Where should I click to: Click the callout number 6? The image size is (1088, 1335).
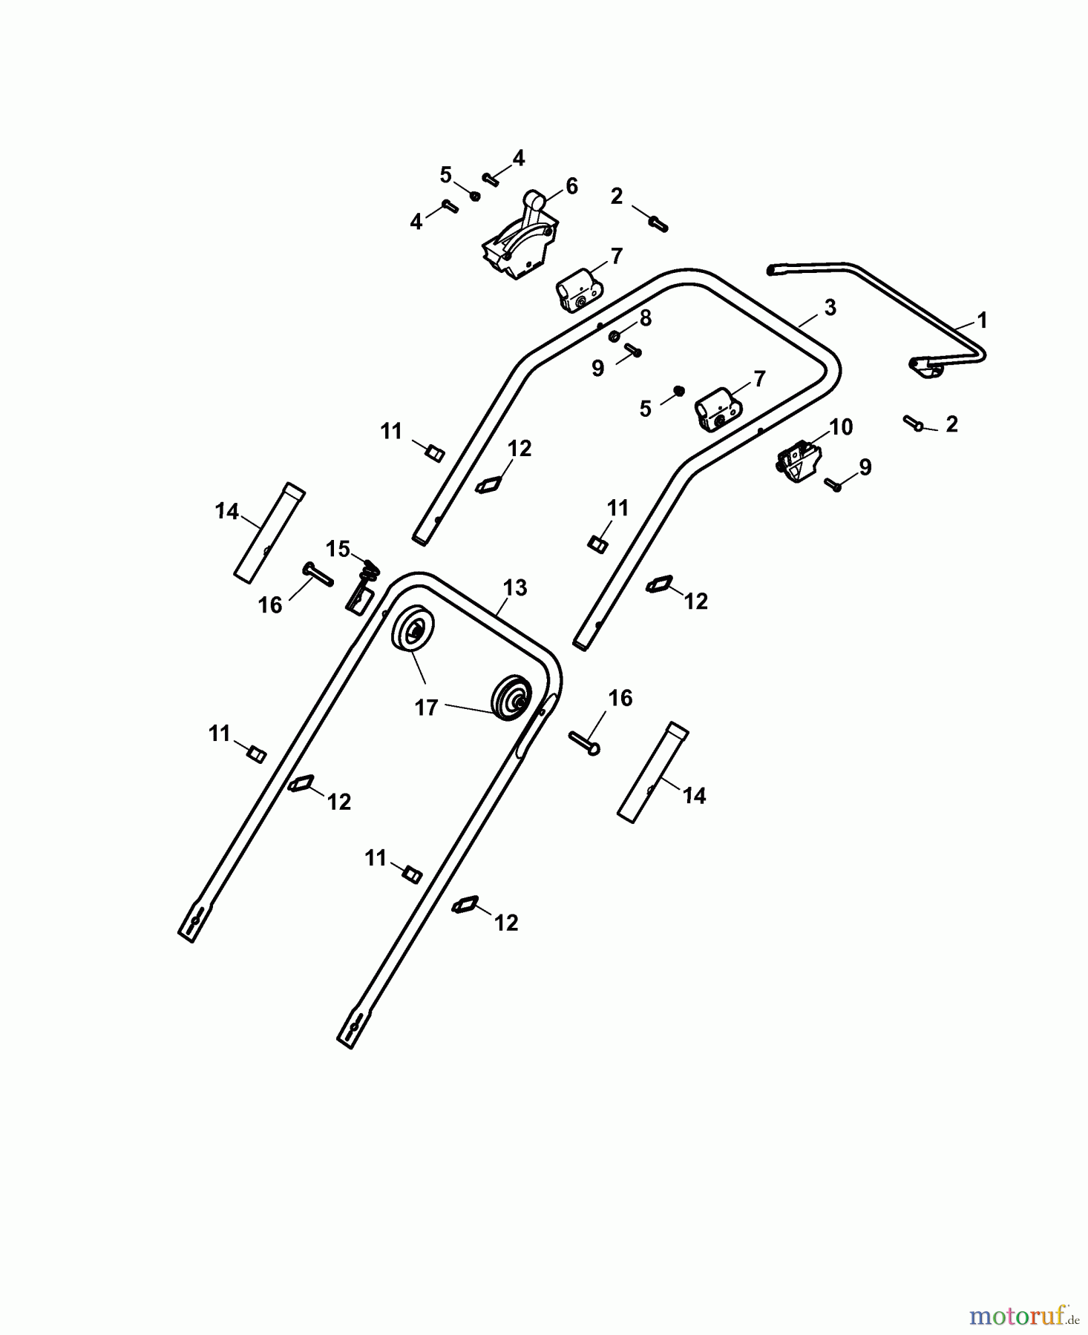(x=571, y=186)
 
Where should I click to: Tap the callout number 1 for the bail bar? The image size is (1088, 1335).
(x=983, y=320)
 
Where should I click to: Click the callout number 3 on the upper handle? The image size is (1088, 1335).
(x=830, y=307)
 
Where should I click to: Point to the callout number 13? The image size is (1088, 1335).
(x=514, y=587)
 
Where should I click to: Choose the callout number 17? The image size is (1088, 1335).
(x=426, y=708)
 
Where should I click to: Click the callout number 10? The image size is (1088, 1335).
(x=841, y=427)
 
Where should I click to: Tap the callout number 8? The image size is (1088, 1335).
(x=645, y=318)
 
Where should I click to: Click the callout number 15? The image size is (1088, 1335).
(x=338, y=550)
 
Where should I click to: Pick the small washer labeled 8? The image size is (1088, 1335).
(x=615, y=337)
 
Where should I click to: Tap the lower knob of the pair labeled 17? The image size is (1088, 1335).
(x=511, y=697)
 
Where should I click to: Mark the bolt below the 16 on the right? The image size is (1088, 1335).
(x=584, y=742)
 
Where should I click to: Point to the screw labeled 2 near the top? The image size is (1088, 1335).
(x=658, y=222)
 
